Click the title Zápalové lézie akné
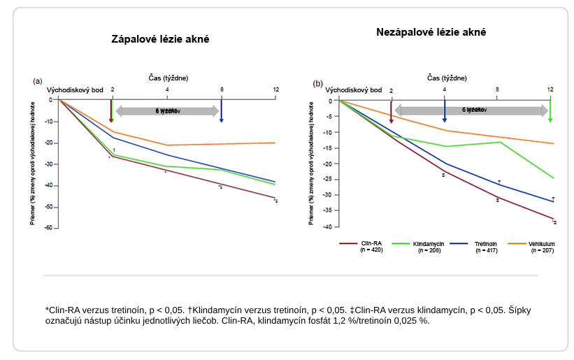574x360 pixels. pyautogui.click(x=160, y=39)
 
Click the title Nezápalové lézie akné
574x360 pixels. pyautogui.click(x=431, y=32)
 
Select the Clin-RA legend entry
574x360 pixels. pyautogui.click(x=371, y=244)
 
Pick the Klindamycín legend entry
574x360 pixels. pyautogui.click(x=426, y=244)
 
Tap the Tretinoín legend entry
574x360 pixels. pyautogui.click(x=486, y=244)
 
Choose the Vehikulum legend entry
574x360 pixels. pyautogui.click(x=542, y=244)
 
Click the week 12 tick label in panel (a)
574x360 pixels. pyautogui.click(x=276, y=89)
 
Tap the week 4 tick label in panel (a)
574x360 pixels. pyautogui.click(x=167, y=89)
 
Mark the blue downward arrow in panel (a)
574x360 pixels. pyautogui.click(x=222, y=111)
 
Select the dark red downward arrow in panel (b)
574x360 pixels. pyautogui.click(x=391, y=113)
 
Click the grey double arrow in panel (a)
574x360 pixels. pyautogui.click(x=167, y=110)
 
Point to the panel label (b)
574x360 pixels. pyautogui.click(x=318, y=83)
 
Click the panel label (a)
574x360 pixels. pyautogui.click(x=38, y=81)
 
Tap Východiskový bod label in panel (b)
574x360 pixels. pyautogui.click(x=354, y=90)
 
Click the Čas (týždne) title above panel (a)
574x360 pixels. pyautogui.click(x=168, y=77)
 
